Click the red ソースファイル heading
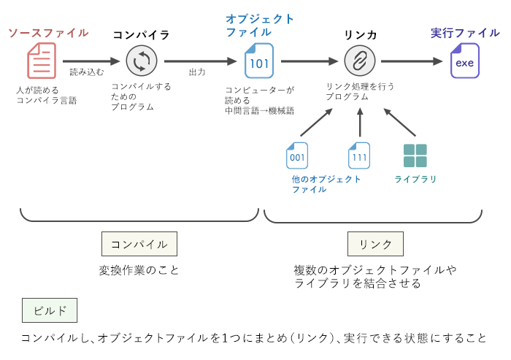(x=48, y=33)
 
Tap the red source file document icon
(x=41, y=61)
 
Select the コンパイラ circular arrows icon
(x=141, y=61)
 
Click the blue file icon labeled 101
(x=259, y=61)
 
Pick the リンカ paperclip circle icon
(x=360, y=61)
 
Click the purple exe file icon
(x=464, y=61)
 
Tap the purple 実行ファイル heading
(x=465, y=33)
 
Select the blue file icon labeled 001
(x=297, y=156)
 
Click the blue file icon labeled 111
(x=359, y=156)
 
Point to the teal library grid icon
(x=415, y=156)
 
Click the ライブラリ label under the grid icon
(x=415, y=179)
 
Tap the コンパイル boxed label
(x=139, y=243)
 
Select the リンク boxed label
(x=375, y=243)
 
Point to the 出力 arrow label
(x=197, y=72)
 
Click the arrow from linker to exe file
(x=411, y=62)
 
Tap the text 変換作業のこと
(x=139, y=270)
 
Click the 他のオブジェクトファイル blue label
(x=326, y=184)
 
